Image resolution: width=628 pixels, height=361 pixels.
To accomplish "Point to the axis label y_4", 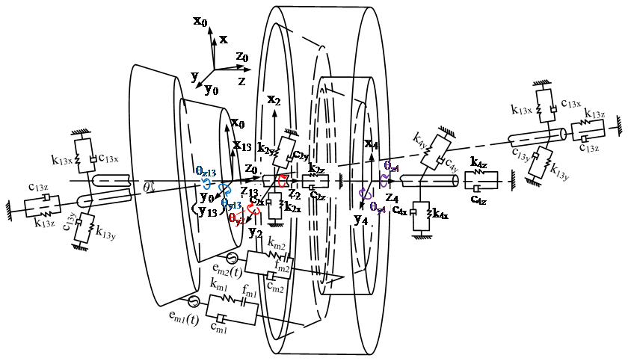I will click(x=360, y=220).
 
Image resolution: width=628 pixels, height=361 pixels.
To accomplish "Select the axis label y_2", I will click(x=256, y=232).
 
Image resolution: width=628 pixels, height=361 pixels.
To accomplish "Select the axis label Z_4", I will click(x=392, y=198).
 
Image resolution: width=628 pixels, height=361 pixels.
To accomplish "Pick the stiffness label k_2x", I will click(x=293, y=206).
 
